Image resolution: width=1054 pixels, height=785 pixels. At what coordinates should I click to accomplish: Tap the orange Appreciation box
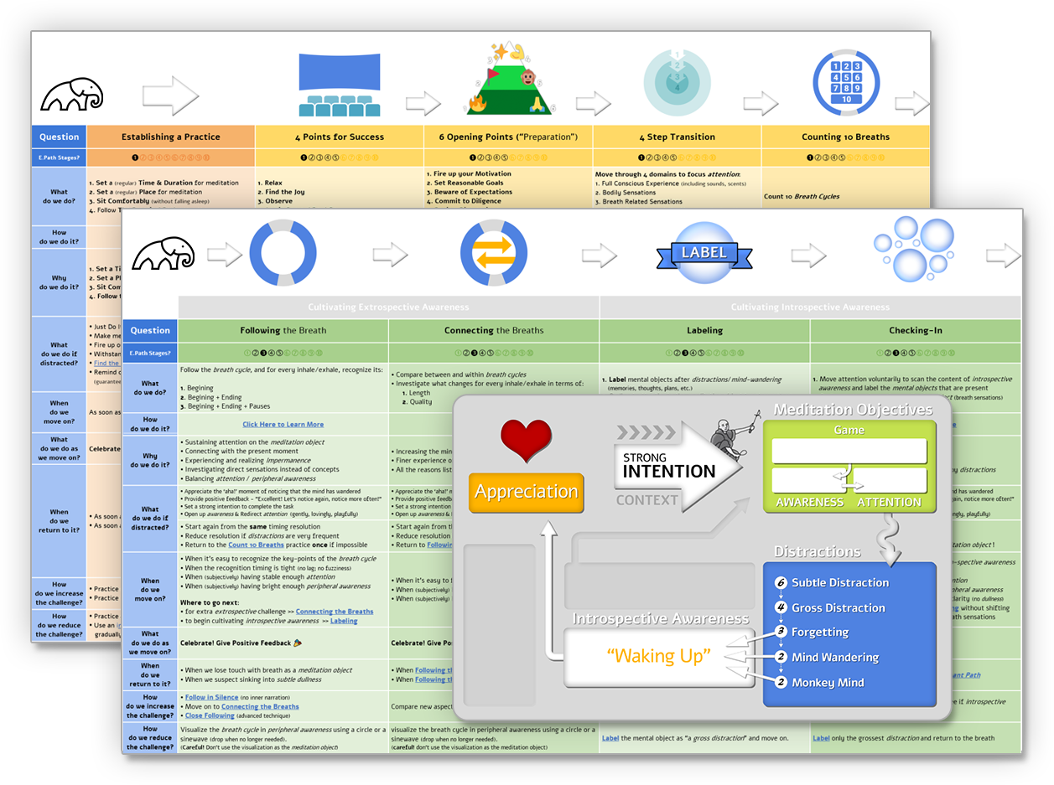click(527, 492)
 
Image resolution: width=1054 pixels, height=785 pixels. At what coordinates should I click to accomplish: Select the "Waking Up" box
click(658, 656)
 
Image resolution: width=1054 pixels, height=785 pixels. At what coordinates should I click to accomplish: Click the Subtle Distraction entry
click(840, 582)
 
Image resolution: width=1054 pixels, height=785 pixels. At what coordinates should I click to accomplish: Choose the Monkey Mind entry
click(828, 682)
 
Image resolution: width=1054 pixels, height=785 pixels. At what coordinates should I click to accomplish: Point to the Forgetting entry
click(820, 632)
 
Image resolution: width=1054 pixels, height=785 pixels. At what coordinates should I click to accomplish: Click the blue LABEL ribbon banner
click(704, 252)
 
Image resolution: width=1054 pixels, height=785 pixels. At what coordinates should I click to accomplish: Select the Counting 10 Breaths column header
click(845, 137)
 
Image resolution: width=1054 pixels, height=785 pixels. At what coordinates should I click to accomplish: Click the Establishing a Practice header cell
click(171, 137)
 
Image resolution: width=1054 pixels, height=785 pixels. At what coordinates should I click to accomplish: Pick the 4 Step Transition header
click(677, 137)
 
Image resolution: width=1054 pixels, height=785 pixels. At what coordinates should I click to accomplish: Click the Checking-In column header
click(915, 330)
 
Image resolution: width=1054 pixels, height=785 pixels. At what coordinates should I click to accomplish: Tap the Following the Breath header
click(283, 330)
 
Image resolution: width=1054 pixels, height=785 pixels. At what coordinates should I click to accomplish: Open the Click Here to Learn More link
click(283, 424)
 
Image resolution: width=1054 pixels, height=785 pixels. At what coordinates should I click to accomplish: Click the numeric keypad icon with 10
click(846, 82)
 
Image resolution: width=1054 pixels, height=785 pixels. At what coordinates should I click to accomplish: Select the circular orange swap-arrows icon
click(494, 253)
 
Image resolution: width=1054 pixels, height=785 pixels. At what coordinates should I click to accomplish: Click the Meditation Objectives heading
click(853, 410)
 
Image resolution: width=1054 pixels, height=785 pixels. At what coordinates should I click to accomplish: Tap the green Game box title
click(849, 430)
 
